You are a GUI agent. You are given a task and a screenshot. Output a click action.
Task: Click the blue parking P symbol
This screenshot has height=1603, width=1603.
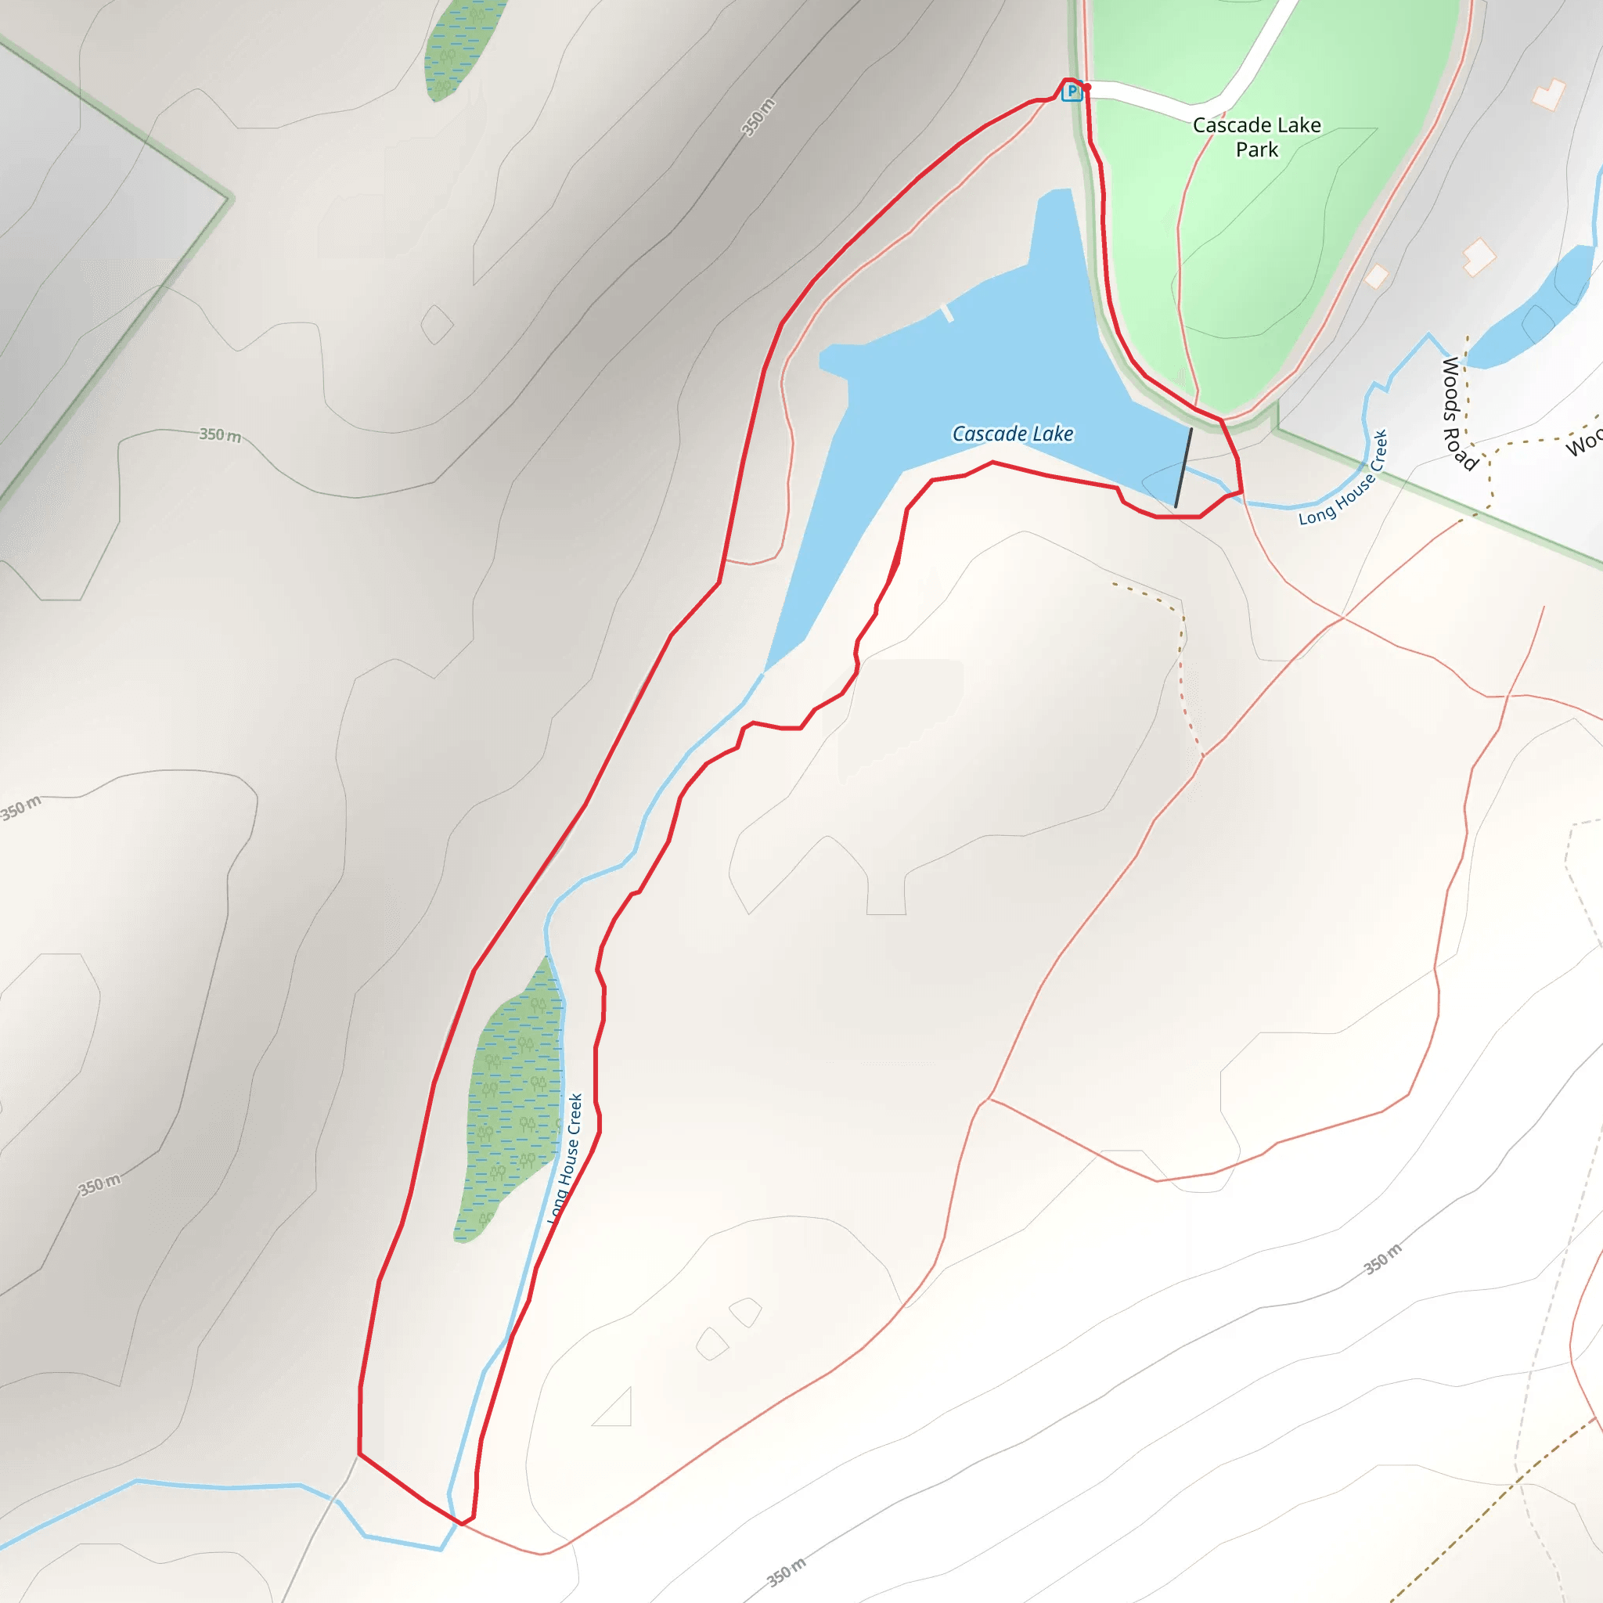pyautogui.click(x=1072, y=92)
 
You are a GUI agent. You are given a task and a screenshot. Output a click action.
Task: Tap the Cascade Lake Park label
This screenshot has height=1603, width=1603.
pyautogui.click(x=1256, y=137)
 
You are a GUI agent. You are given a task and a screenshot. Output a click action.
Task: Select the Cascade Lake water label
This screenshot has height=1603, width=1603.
pyautogui.click(x=1012, y=433)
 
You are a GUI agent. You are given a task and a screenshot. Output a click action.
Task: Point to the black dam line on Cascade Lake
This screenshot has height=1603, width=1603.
pyautogui.click(x=1183, y=467)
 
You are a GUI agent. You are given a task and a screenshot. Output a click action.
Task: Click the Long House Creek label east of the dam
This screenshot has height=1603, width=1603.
pyautogui.click(x=1343, y=479)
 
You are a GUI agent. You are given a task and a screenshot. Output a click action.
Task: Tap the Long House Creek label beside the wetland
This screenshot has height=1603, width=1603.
pyautogui.click(x=565, y=1159)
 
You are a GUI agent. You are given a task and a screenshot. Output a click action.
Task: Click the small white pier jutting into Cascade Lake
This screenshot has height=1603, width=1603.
pyautogui.click(x=947, y=313)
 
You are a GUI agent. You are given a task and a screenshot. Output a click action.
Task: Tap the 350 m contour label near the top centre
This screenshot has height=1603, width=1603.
pyautogui.click(x=758, y=117)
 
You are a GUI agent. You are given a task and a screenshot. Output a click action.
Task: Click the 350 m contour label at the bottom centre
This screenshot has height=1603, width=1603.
pyautogui.click(x=786, y=1572)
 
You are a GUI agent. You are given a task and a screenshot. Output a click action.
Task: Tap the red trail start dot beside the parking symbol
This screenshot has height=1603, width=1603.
pyautogui.click(x=1087, y=87)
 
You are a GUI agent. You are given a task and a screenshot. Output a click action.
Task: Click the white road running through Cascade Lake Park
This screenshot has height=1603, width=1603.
pyautogui.click(x=1162, y=101)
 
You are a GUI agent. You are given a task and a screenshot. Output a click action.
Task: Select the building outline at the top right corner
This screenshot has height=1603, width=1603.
pyautogui.click(x=1548, y=95)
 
